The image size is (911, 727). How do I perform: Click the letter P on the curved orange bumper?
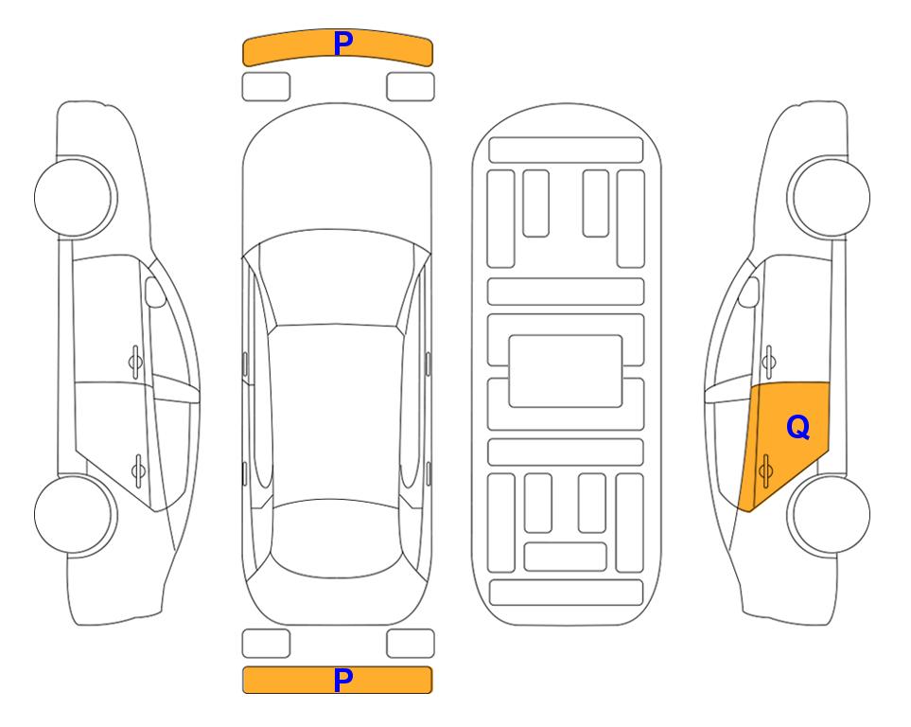click(x=342, y=44)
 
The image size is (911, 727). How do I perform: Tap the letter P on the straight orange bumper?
click(x=342, y=680)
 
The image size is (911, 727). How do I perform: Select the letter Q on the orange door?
click(x=797, y=428)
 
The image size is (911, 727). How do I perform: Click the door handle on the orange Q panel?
click(x=765, y=470)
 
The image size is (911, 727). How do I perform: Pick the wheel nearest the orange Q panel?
click(x=829, y=514)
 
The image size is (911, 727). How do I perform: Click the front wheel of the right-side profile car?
click(x=829, y=198)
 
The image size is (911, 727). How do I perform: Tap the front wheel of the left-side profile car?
click(x=76, y=198)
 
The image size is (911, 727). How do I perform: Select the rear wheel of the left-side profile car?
click(x=76, y=514)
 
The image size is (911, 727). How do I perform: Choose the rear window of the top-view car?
click(x=337, y=538)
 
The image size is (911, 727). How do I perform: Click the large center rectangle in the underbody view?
click(x=566, y=371)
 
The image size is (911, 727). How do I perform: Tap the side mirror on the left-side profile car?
click(x=155, y=292)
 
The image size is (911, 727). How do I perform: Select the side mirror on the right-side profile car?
click(x=749, y=292)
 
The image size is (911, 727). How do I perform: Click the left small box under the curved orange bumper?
click(x=266, y=87)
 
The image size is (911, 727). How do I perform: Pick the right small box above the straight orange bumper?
click(x=411, y=644)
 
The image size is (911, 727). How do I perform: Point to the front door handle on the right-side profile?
click(x=768, y=362)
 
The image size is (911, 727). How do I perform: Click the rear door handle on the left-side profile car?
click(x=138, y=470)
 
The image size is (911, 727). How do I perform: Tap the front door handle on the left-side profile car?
click(x=135, y=362)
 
